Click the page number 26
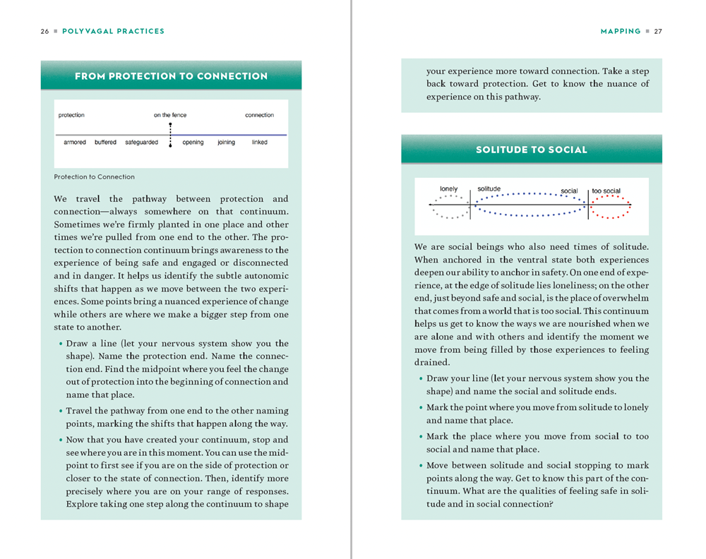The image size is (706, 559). [x=44, y=31]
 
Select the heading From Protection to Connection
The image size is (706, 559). [x=171, y=76]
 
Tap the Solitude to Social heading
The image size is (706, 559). [x=531, y=150]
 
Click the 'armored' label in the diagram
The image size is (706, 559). [x=75, y=143]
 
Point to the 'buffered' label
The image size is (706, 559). [x=105, y=143]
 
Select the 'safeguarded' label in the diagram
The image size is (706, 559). [x=141, y=143]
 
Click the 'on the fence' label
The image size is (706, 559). [x=170, y=115]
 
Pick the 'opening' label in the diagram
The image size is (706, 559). [x=193, y=143]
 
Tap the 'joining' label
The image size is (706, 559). [x=226, y=143]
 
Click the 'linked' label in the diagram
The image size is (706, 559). [x=259, y=143]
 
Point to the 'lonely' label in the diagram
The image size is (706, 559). [x=448, y=189]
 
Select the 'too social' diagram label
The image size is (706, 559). [x=606, y=191]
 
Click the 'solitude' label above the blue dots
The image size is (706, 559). [x=489, y=189]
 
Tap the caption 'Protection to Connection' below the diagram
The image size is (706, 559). [x=94, y=177]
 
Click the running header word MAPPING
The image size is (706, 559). [x=621, y=31]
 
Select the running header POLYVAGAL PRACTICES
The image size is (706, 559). [x=113, y=31]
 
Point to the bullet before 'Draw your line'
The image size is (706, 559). [x=421, y=379]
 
